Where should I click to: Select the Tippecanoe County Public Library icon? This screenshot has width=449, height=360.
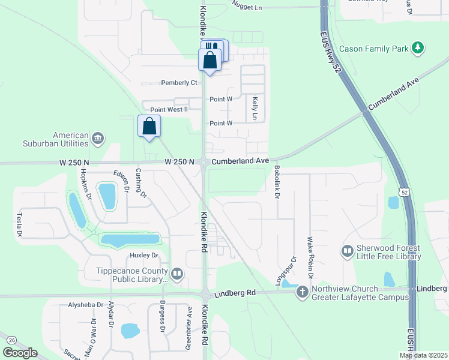click(x=176, y=275)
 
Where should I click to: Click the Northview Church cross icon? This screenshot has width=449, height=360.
click(x=302, y=292)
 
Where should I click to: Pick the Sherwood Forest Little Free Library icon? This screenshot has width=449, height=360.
click(x=348, y=251)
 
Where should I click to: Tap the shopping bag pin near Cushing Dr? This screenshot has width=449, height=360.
click(x=149, y=127)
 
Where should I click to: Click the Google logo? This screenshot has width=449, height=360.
click(x=20, y=353)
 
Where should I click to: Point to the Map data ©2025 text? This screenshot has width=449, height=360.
click(x=423, y=355)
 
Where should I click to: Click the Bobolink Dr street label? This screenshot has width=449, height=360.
click(x=277, y=183)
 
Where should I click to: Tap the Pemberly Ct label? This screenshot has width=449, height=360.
click(x=179, y=82)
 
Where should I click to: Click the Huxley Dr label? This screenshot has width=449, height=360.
click(x=143, y=256)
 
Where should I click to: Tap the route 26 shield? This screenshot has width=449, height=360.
click(x=11, y=340)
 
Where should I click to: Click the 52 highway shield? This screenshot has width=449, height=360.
click(x=405, y=191)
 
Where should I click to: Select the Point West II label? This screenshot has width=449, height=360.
click(x=169, y=109)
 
